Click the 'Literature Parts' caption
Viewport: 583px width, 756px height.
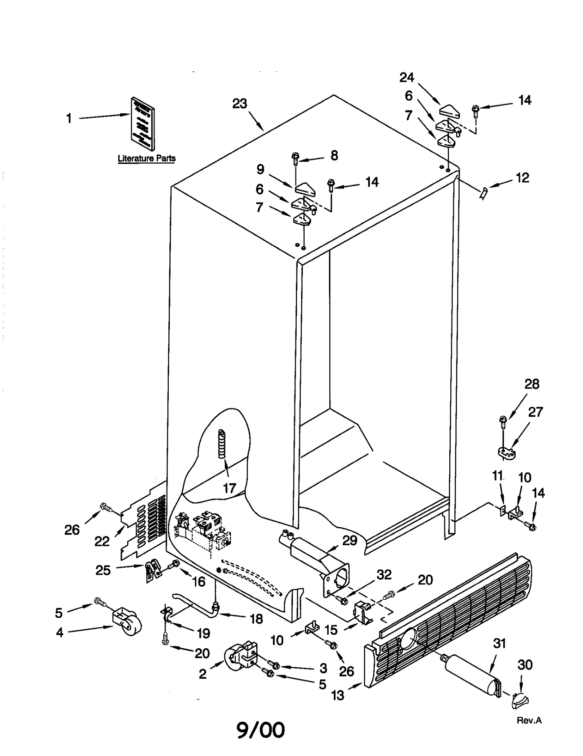click(x=146, y=158)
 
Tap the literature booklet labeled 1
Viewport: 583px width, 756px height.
click(x=142, y=124)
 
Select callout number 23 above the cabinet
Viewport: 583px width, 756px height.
click(x=240, y=104)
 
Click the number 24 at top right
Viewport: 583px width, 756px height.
click(x=407, y=77)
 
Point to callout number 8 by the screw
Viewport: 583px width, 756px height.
click(x=334, y=156)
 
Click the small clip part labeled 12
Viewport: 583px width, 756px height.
click(x=483, y=192)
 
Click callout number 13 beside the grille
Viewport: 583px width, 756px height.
click(x=338, y=695)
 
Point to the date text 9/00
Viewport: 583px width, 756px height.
click(x=261, y=729)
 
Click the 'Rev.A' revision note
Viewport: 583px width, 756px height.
click(x=529, y=720)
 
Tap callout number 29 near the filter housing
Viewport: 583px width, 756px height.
click(x=350, y=540)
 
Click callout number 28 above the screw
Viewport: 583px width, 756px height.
click(x=532, y=384)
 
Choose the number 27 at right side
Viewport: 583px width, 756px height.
click(x=535, y=412)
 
